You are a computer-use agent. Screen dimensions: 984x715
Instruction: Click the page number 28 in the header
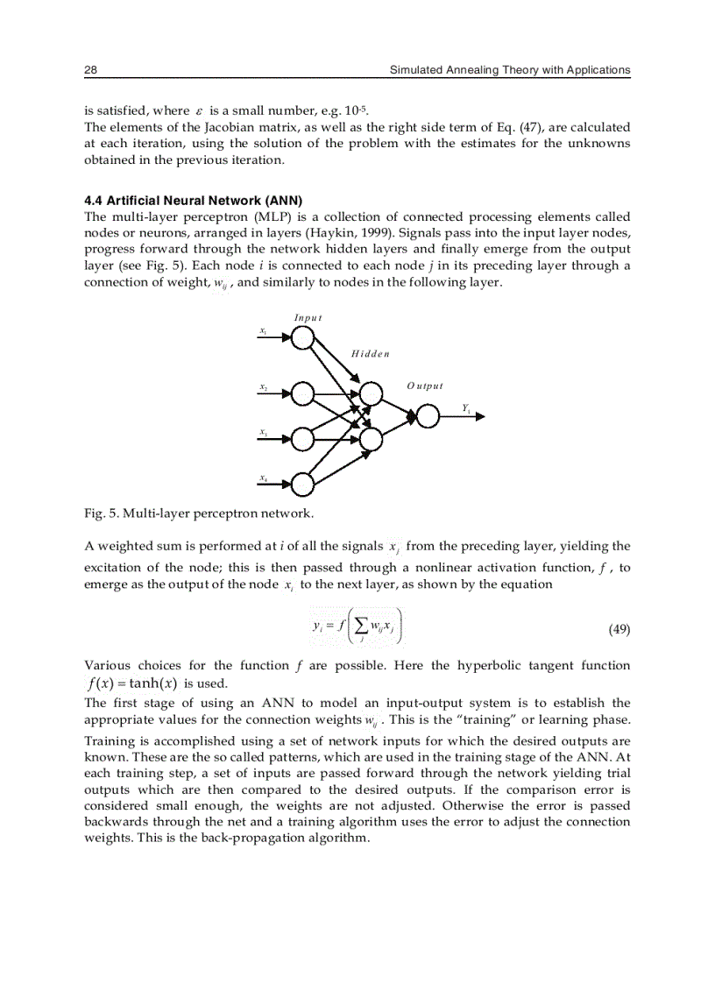pyautogui.click(x=90, y=69)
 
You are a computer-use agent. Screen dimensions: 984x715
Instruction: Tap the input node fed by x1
pyautogui.click(x=302, y=339)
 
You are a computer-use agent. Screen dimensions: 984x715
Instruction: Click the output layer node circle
pyautogui.click(x=428, y=416)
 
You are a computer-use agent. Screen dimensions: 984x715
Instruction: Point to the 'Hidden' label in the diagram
pyautogui.click(x=369, y=354)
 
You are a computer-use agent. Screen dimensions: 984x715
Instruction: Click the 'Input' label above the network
pyautogui.click(x=308, y=317)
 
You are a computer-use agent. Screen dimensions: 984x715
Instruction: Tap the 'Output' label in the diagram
pyautogui.click(x=425, y=386)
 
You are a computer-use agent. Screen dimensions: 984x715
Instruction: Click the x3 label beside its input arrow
pyautogui.click(x=263, y=431)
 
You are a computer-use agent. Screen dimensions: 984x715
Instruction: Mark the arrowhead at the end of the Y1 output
pyautogui.click(x=479, y=417)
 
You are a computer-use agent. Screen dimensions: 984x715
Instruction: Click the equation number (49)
pyautogui.click(x=619, y=629)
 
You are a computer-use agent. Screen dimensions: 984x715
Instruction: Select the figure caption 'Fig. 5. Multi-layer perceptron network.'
pyautogui.click(x=199, y=512)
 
